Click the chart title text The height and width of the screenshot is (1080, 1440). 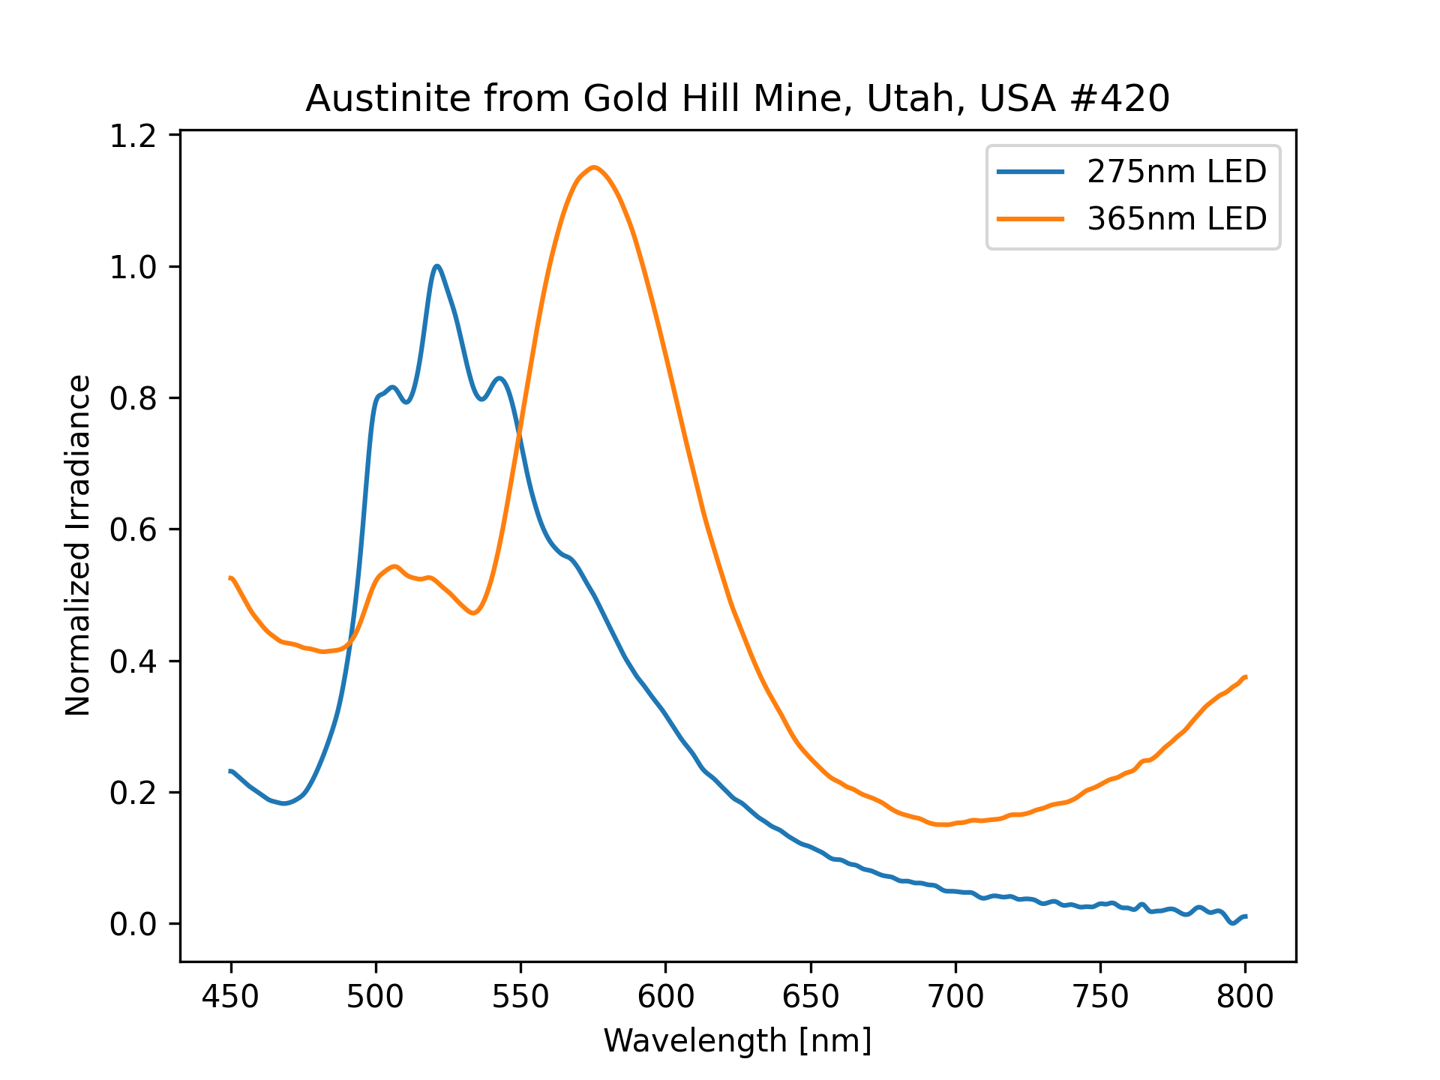tap(737, 99)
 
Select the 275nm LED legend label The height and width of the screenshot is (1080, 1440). tap(1176, 172)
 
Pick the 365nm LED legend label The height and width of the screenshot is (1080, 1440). tap(1176, 219)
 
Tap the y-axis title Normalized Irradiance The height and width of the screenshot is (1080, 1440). tap(78, 545)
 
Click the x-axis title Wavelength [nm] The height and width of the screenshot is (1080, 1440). tap(737, 1041)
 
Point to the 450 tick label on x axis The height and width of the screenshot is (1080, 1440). tap(231, 997)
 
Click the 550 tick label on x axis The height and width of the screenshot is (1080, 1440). tap(520, 997)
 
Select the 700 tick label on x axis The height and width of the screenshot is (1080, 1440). tap(955, 997)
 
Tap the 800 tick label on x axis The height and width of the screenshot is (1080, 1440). tap(1245, 997)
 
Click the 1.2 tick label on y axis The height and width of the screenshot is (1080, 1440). tap(133, 136)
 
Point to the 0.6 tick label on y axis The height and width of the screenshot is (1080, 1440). tap(133, 530)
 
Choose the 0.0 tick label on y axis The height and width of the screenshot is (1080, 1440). tap(133, 924)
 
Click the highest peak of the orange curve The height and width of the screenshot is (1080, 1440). tap(593, 167)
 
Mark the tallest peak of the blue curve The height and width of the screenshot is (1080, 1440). tap(436, 266)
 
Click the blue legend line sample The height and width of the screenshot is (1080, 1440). tap(1030, 172)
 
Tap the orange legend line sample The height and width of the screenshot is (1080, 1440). tap(1030, 219)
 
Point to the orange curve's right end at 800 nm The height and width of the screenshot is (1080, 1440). tap(1245, 677)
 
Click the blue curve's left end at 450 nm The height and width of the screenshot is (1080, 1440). tap(231, 771)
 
